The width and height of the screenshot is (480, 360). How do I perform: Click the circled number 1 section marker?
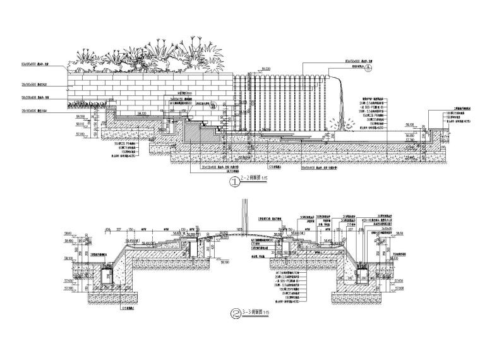coord(235,183)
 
